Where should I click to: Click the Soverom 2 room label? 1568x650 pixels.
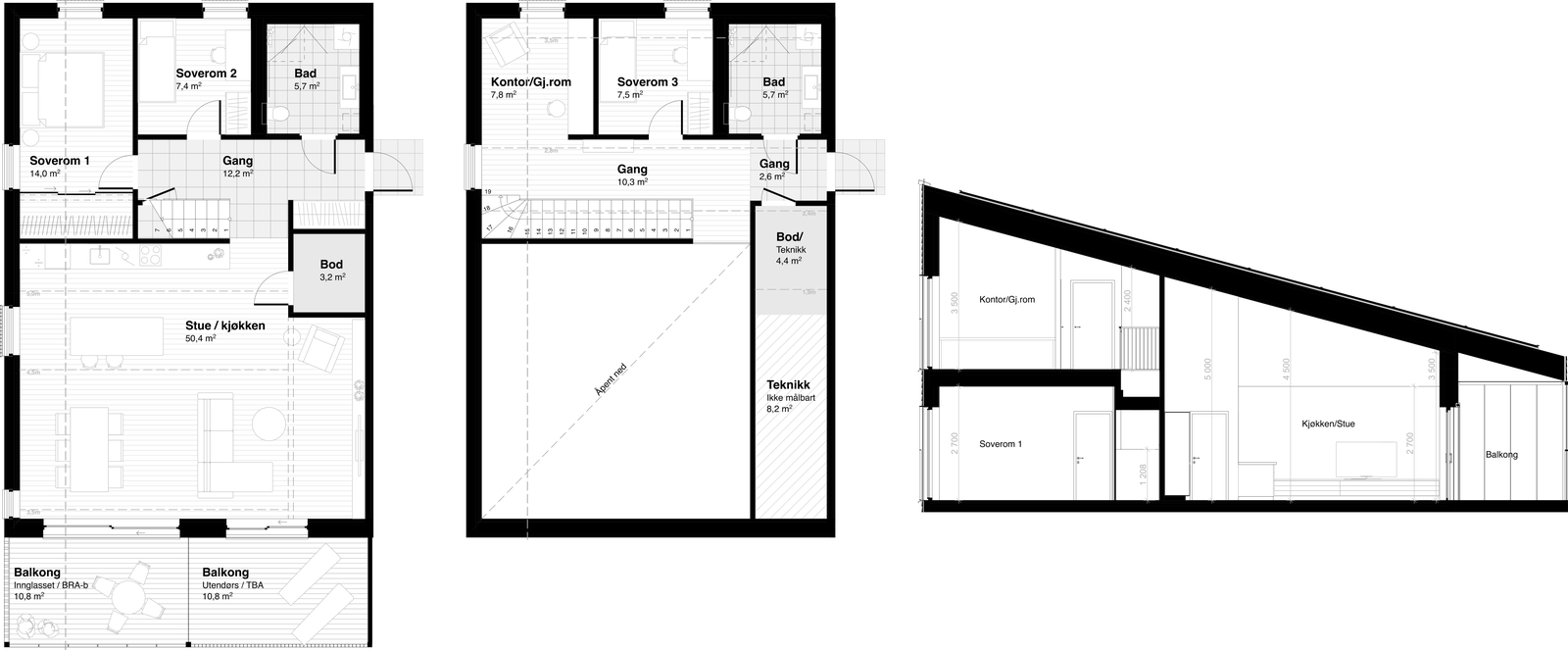[206, 74]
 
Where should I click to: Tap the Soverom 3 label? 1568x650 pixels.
[648, 82]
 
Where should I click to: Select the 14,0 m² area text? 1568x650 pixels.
[45, 173]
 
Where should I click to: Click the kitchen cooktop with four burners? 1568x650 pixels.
[149, 257]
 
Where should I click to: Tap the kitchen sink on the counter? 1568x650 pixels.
[100, 256]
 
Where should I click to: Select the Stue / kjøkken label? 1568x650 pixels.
[225, 326]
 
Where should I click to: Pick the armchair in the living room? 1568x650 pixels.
[321, 345]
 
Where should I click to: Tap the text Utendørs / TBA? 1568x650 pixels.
[233, 586]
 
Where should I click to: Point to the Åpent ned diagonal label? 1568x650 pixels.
[612, 378]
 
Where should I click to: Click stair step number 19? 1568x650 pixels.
[486, 193]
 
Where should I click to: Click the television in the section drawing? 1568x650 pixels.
[1368, 459]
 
